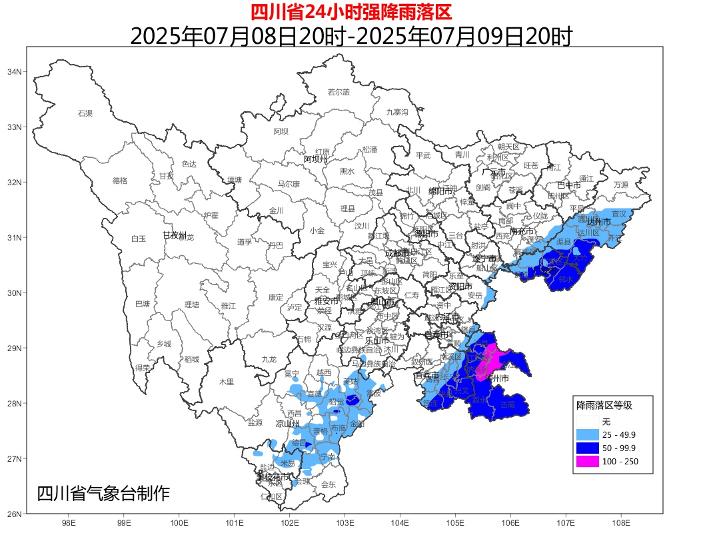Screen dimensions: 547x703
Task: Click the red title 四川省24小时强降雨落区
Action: [x=351, y=12]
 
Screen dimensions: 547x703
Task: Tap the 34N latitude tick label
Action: [x=14, y=72]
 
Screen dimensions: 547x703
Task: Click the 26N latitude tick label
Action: [x=14, y=514]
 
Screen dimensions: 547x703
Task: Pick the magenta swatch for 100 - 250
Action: [x=586, y=461]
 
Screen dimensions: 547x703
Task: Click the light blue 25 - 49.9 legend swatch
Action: [x=586, y=434]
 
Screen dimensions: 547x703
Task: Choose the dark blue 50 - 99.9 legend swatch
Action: [x=586, y=448]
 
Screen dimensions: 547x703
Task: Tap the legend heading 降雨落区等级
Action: [x=604, y=405]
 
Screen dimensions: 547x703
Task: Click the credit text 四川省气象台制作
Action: [x=103, y=494]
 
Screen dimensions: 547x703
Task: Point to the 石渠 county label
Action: [x=85, y=113]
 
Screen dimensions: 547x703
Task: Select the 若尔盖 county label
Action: [x=339, y=92]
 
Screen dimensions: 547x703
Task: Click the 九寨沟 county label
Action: [x=397, y=111]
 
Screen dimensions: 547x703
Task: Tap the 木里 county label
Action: [x=227, y=382]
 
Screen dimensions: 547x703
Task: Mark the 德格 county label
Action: [x=120, y=181]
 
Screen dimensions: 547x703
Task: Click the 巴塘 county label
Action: [x=143, y=304]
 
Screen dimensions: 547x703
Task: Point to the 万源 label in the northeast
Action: [x=620, y=185]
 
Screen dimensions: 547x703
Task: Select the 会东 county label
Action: [x=329, y=484]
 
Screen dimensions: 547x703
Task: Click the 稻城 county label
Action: [x=192, y=359]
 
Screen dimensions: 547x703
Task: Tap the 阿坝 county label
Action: [x=281, y=131]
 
